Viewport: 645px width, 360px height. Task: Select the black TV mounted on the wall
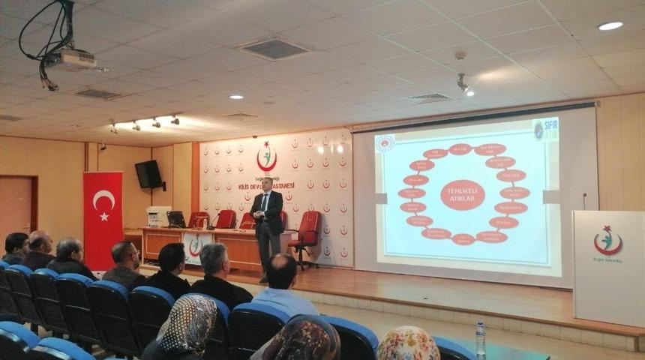click(148, 174)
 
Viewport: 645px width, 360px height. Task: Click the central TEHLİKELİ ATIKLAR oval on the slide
click(462, 194)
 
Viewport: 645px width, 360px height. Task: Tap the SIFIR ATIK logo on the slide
click(545, 129)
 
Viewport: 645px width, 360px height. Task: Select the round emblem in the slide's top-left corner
click(385, 143)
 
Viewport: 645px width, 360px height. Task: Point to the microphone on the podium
click(584, 200)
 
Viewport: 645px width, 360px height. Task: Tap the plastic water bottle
click(481, 340)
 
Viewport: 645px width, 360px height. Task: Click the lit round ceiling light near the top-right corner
click(610, 26)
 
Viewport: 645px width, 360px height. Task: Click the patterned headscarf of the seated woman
click(188, 325)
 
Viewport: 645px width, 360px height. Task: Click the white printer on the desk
click(158, 216)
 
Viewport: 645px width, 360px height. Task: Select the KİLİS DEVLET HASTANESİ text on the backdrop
click(266, 184)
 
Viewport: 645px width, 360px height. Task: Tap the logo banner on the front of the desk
click(196, 246)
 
